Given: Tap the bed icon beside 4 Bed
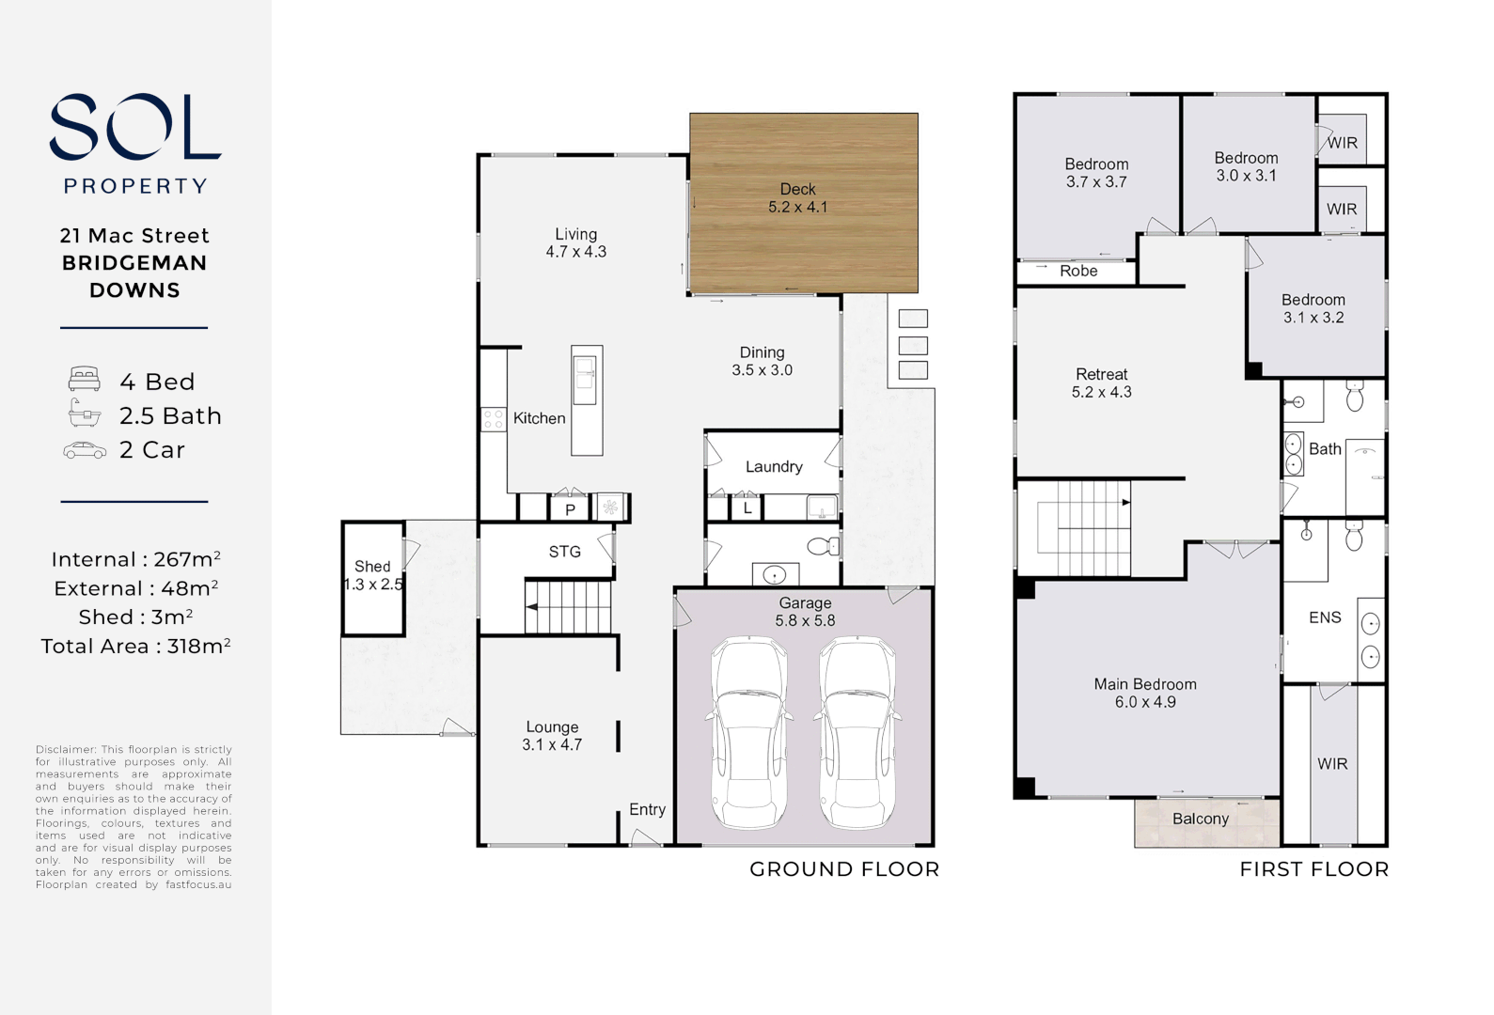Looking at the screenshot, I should point(85,380).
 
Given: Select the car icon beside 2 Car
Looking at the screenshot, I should point(85,451).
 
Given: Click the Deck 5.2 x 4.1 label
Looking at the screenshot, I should point(797,198).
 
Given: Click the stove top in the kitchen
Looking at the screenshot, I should point(494,419).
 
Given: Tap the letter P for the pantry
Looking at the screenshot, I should point(570,510).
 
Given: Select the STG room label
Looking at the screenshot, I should point(564,552).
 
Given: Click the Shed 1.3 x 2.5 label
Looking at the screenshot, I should point(372,575).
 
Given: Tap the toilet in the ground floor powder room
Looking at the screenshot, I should point(823,546).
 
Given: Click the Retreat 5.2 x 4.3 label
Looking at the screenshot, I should point(1101,383).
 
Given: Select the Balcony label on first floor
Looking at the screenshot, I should point(1200,819).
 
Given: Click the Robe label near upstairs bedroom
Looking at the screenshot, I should point(1078,271).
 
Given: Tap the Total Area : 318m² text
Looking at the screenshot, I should point(135,647).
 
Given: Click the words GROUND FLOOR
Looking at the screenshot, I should point(843,869).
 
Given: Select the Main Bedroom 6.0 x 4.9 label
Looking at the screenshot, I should point(1144,693).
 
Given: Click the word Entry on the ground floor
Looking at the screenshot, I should point(647,809).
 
